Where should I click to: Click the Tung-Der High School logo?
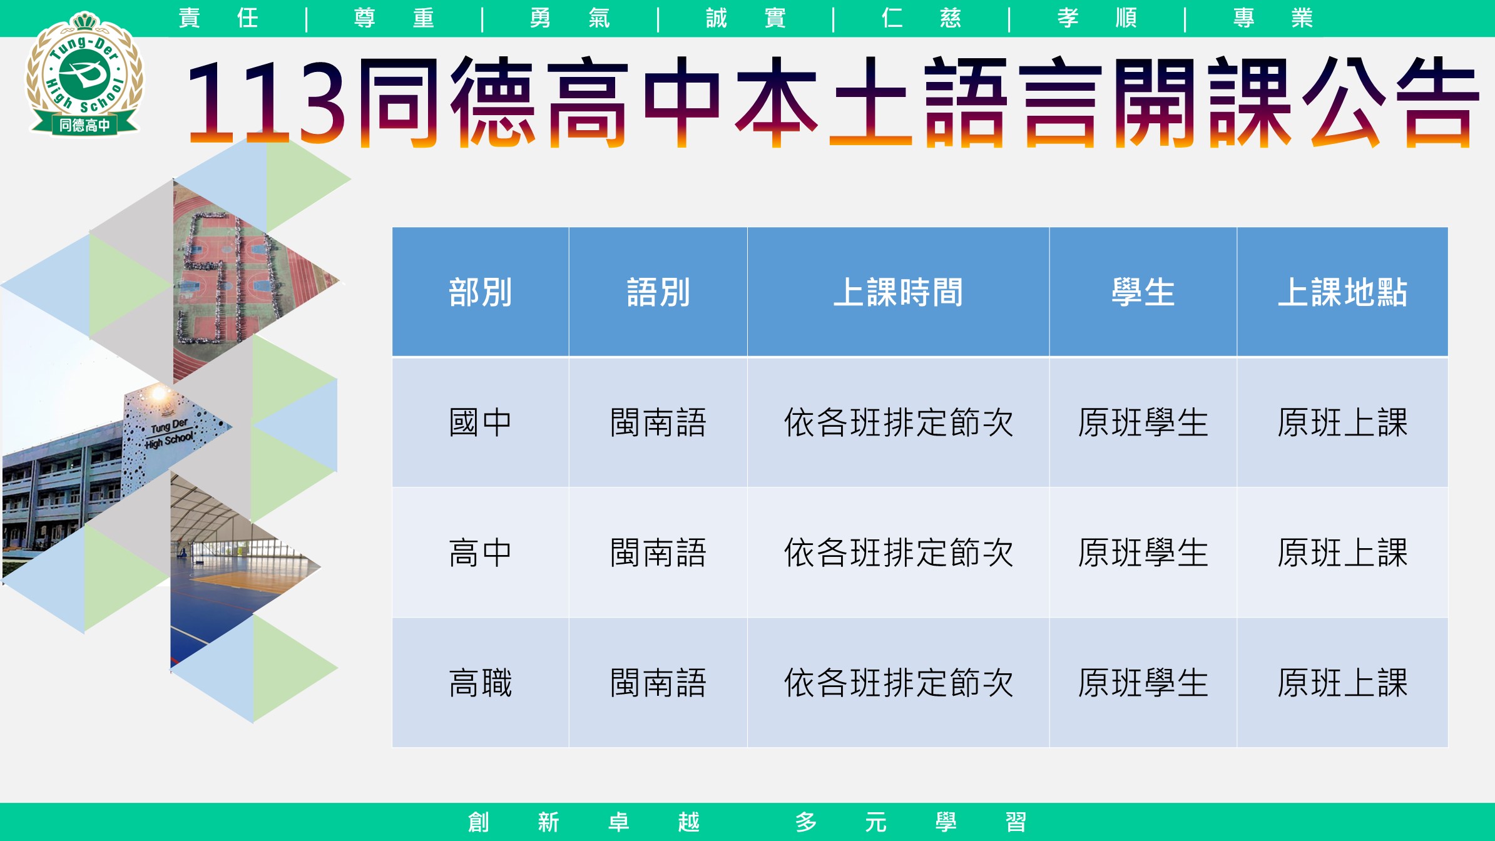pyautogui.click(x=84, y=74)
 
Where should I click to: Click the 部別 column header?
pyautogui.click(x=481, y=292)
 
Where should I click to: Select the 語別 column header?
pyautogui.click(x=658, y=292)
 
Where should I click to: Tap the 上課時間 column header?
pyautogui.click(x=898, y=292)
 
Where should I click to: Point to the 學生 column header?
pyautogui.click(x=1143, y=292)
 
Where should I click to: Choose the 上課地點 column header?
pyautogui.click(x=1342, y=292)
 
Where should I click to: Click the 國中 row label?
pyautogui.click(x=481, y=422)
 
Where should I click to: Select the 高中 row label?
pyautogui.click(x=481, y=553)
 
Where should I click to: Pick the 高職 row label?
pyautogui.click(x=481, y=683)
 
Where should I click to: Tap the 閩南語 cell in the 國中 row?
pyautogui.click(x=658, y=422)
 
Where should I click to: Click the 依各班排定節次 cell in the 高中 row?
pyautogui.click(x=898, y=553)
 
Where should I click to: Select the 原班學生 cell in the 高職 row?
pyautogui.click(x=1143, y=683)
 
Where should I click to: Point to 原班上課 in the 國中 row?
pyautogui.click(x=1342, y=422)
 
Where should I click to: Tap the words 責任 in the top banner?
pyautogui.click(x=218, y=18)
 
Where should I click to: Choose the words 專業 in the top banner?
pyautogui.click(x=1273, y=18)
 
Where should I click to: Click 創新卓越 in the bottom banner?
pyautogui.click(x=583, y=822)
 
